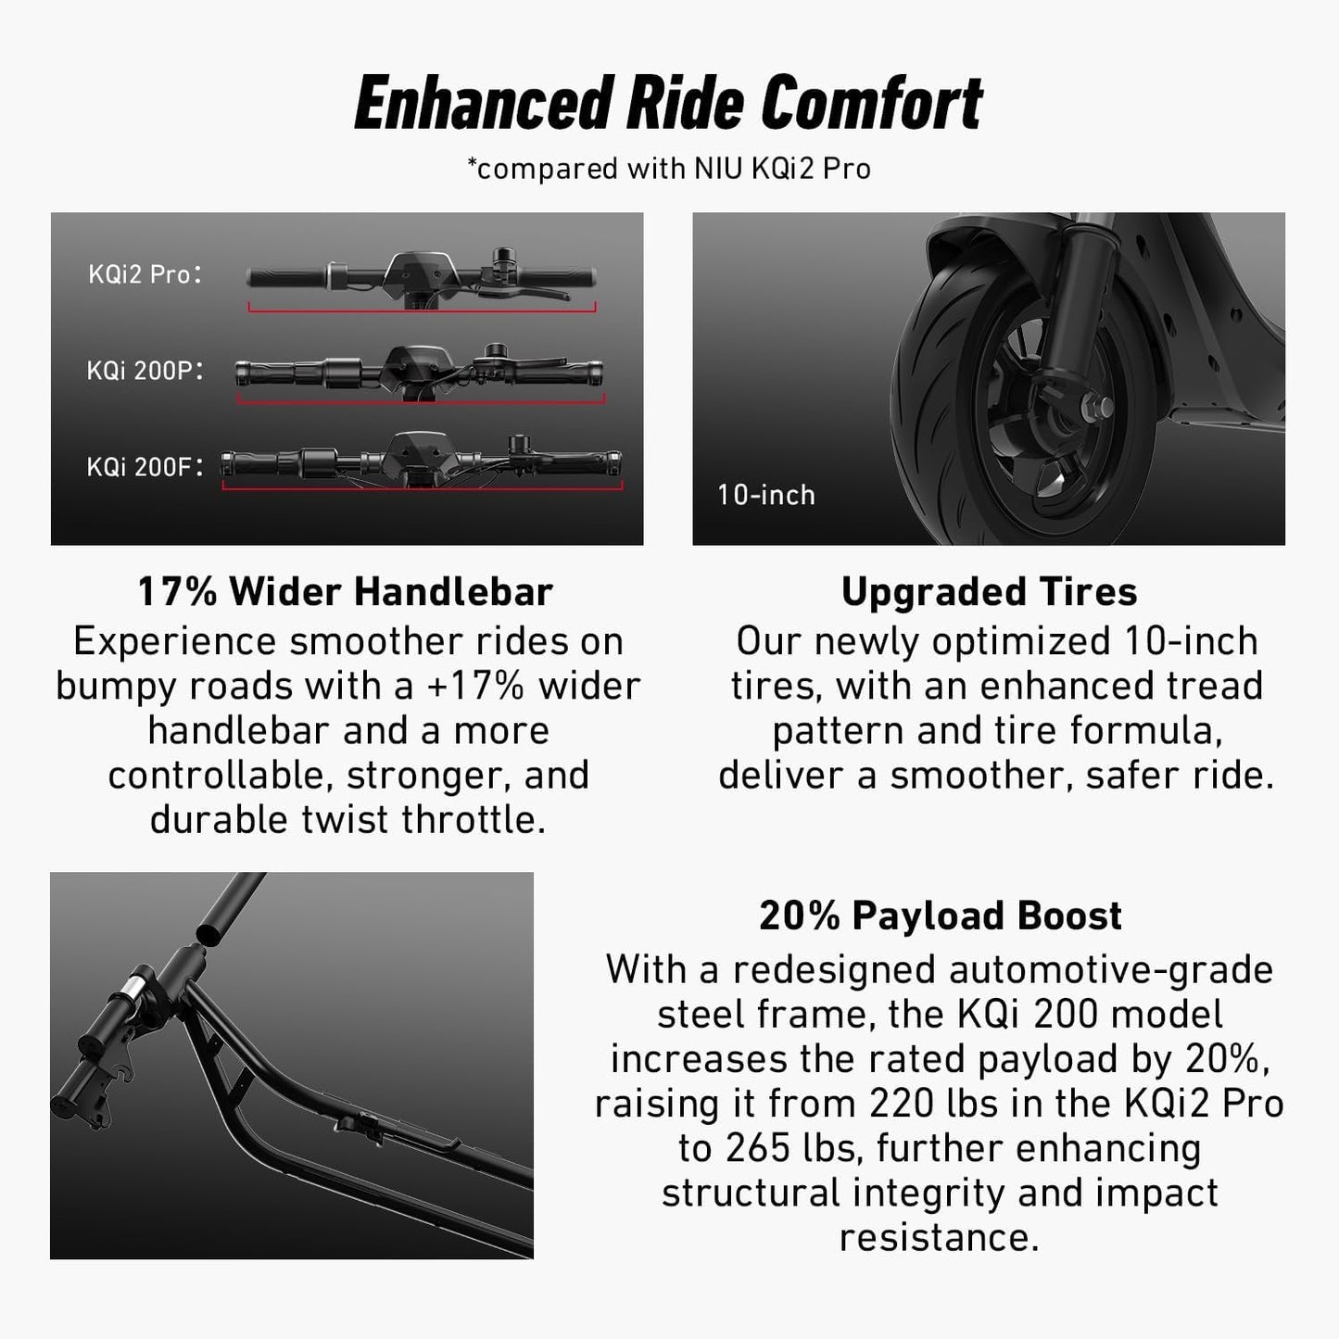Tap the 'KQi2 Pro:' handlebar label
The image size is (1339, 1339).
click(x=145, y=274)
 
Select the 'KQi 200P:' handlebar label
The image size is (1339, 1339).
click(x=145, y=371)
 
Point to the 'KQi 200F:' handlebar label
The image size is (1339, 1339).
click(x=145, y=466)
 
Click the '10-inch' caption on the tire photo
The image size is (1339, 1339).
click(x=765, y=495)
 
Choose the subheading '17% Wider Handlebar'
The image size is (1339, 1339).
click(x=346, y=591)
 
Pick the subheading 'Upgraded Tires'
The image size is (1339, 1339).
click(x=989, y=591)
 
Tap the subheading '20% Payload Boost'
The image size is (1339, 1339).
click(x=940, y=916)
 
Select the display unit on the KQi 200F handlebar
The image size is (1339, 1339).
click(x=423, y=454)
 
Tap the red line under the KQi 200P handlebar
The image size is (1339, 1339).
click(x=421, y=401)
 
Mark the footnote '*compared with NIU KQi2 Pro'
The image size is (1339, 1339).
click(x=668, y=169)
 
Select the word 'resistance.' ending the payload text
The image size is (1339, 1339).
click(x=939, y=1237)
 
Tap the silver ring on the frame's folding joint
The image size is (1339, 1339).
click(x=134, y=983)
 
